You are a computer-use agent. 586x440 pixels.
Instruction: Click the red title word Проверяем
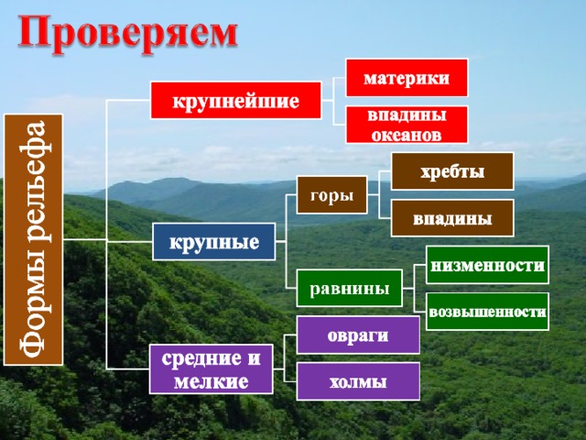point(127,35)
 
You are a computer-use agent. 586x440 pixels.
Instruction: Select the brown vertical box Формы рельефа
point(33,240)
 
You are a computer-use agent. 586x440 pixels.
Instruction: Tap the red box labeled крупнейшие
point(236,101)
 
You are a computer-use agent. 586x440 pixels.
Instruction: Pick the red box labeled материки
point(407,78)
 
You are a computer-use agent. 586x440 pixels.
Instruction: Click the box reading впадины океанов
point(407,125)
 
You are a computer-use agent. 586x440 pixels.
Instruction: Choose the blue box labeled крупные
point(214,242)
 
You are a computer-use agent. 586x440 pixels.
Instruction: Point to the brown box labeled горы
point(331,195)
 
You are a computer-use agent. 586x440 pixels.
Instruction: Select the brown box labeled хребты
point(452,171)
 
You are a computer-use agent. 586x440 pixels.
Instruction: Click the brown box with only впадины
point(452,218)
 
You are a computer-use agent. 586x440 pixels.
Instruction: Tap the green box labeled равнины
point(350,288)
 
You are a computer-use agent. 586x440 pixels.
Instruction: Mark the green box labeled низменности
point(487,265)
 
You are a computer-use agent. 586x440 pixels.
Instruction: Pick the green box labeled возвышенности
point(487,312)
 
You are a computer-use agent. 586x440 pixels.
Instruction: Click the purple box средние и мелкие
point(212,369)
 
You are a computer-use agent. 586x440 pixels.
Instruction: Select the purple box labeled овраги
point(358,335)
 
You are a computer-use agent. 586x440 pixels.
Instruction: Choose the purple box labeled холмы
point(358,381)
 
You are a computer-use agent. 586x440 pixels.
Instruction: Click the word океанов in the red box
point(407,135)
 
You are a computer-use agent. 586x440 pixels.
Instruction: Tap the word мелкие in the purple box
point(212,381)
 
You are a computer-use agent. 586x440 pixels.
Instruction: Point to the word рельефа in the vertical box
point(35,181)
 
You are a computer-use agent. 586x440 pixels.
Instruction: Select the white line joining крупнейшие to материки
point(333,89)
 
